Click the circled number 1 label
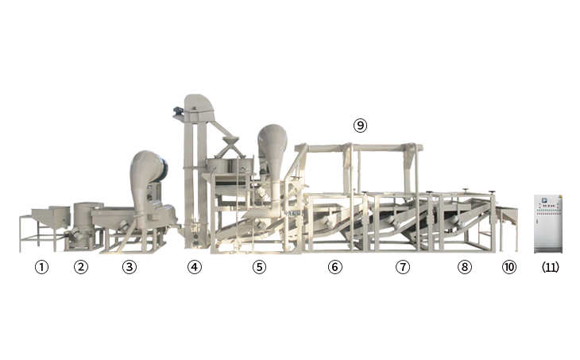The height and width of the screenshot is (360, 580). click(41, 267)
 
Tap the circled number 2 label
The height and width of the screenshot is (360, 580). click(81, 267)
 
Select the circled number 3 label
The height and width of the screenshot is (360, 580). click(130, 267)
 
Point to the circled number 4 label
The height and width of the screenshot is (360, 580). click(195, 267)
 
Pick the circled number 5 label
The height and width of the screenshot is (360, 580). click(259, 267)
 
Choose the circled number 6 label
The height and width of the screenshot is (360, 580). click(335, 267)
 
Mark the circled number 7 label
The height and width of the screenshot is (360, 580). click(403, 267)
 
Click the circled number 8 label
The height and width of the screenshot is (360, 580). click(465, 267)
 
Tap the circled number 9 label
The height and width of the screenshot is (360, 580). click(360, 126)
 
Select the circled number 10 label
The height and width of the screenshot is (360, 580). click(509, 267)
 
